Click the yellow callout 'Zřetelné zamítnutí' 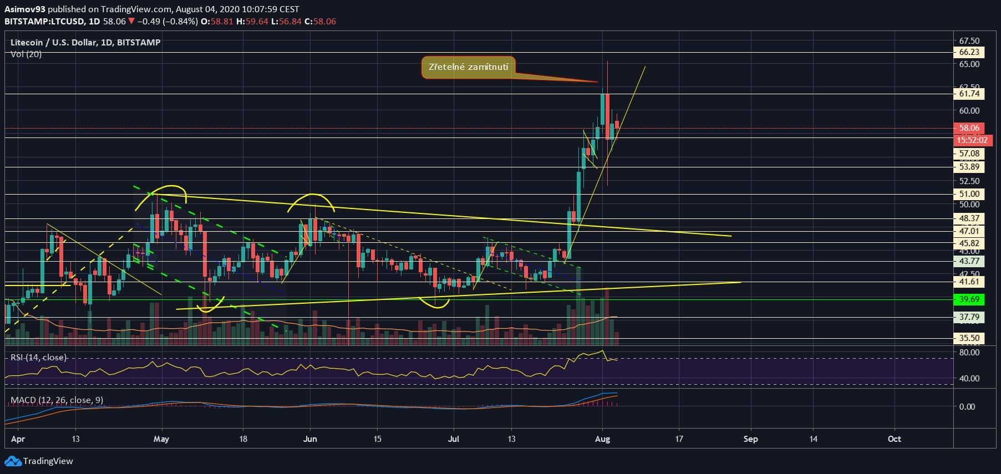[468, 67]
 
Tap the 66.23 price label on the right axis [969, 52]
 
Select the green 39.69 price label [969, 299]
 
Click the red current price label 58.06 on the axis [969, 128]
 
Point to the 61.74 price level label [969, 94]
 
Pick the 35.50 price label [969, 338]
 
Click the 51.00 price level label [969, 194]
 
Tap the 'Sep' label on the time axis [750, 439]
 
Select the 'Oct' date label [894, 439]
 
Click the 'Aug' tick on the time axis [602, 439]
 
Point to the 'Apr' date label [18, 439]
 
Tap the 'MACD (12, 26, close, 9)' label [57, 400]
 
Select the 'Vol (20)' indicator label [26, 54]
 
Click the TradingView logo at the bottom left [39, 461]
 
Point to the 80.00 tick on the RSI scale [969, 353]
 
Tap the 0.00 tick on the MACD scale [967, 406]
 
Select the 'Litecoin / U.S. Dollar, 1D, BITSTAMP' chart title [86, 43]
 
